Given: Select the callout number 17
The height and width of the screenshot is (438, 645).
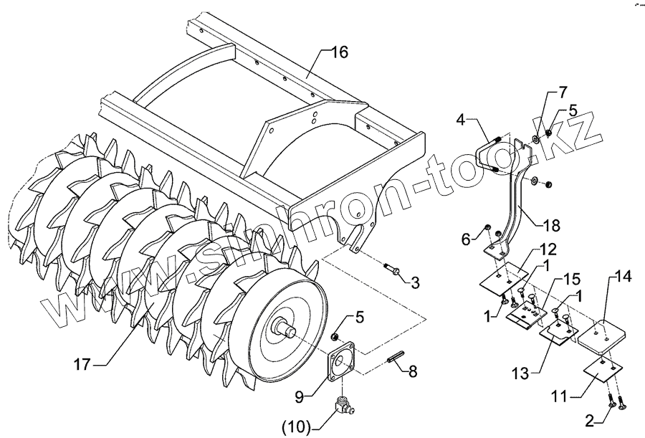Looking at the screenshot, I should (x=82, y=365).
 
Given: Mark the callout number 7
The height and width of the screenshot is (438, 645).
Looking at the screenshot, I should (x=563, y=92).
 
